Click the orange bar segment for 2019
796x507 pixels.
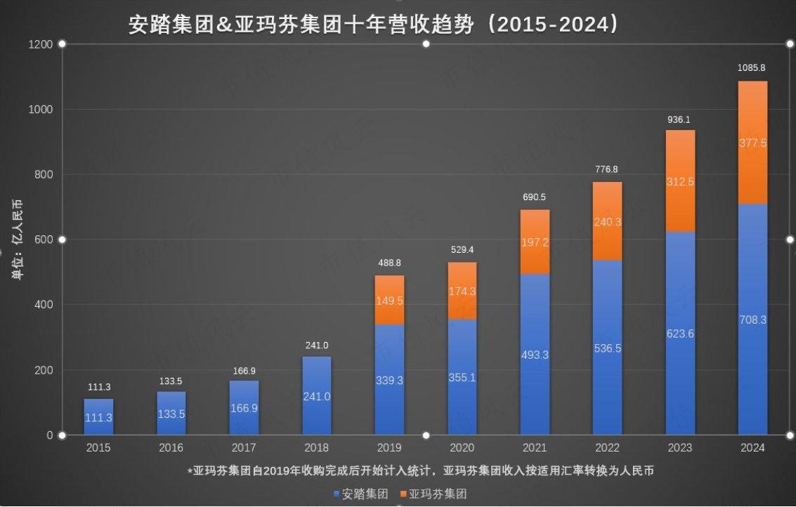coord(389,300)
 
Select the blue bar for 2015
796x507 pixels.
coord(99,416)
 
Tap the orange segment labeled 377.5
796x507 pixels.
coord(753,143)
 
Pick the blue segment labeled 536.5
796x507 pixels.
coord(607,348)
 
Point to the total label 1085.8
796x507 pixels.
coord(752,67)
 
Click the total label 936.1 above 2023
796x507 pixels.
coord(679,120)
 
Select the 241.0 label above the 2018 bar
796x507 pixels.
coord(317,345)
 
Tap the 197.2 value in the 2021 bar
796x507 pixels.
coord(535,242)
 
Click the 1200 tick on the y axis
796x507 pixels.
coord(41,45)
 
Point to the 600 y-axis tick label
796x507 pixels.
coord(44,239)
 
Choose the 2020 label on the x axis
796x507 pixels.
coord(462,447)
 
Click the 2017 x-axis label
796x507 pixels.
coord(244,447)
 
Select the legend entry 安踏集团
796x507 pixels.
coord(361,493)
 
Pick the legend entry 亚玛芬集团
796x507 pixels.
coord(433,493)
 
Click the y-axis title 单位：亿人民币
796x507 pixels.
coord(18,239)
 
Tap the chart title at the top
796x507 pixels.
coord(374,25)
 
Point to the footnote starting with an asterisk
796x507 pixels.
coord(420,470)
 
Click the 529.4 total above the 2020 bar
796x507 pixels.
coord(462,250)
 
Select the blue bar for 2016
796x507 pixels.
coord(171,413)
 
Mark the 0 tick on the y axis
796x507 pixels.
coord(50,435)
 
